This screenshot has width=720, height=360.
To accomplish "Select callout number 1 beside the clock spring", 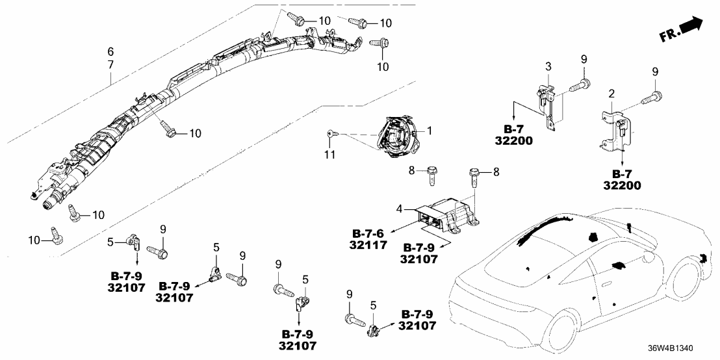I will click(x=429, y=131).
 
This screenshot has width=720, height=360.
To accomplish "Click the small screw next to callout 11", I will click(x=332, y=133).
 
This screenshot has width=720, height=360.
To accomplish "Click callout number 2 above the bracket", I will click(x=611, y=95).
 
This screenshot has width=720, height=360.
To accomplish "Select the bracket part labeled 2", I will click(x=613, y=131).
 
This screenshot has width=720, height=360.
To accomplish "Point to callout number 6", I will click(x=110, y=51).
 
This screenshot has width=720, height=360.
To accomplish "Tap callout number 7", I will click(x=110, y=64).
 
